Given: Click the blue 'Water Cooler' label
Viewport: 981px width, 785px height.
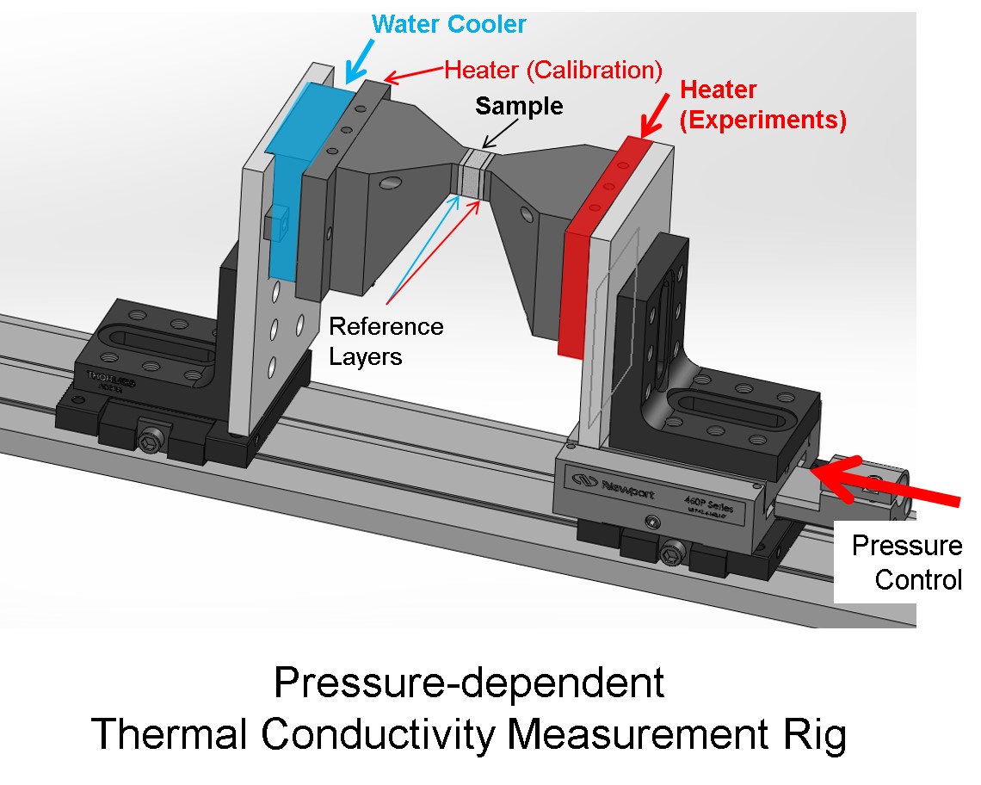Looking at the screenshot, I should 448,24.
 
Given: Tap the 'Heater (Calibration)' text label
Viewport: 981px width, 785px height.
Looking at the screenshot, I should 552,70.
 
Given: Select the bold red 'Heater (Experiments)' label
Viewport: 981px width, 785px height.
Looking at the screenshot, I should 762,104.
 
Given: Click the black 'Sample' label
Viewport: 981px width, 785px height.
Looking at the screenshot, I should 519,106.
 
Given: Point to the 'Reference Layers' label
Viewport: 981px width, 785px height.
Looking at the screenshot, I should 386,341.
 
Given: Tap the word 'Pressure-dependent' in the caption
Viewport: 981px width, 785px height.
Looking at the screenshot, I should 469,683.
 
